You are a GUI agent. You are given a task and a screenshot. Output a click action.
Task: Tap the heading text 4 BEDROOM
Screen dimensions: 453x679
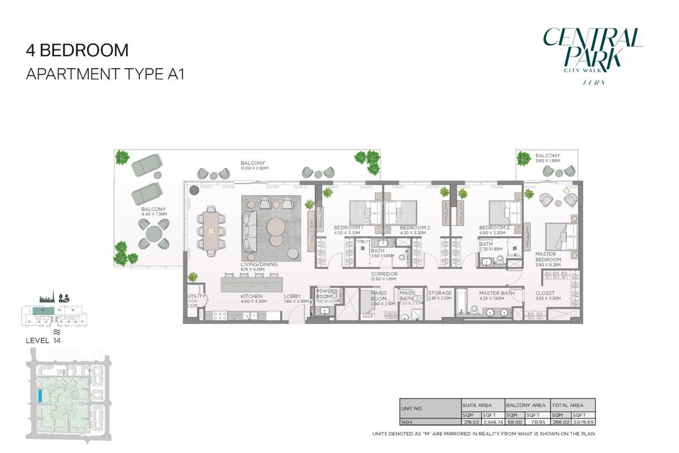77,50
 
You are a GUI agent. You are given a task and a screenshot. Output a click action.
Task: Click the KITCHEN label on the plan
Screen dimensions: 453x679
251,296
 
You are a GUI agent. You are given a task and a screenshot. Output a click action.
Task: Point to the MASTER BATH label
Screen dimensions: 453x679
496,293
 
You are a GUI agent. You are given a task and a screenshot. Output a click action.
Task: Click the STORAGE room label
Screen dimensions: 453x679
440,293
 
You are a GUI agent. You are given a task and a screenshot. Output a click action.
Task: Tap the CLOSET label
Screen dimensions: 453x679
545,293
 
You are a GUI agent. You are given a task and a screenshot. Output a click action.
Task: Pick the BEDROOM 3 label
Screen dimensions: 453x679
494,228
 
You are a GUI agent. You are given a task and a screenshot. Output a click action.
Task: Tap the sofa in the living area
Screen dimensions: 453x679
249,231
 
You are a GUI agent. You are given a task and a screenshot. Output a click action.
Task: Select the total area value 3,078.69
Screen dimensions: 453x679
584,422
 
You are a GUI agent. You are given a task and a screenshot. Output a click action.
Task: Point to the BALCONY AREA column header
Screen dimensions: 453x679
526,405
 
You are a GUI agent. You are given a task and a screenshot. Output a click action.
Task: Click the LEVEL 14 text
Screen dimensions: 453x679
43,341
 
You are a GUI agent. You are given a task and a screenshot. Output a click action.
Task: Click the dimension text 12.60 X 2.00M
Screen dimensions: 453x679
253,168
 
